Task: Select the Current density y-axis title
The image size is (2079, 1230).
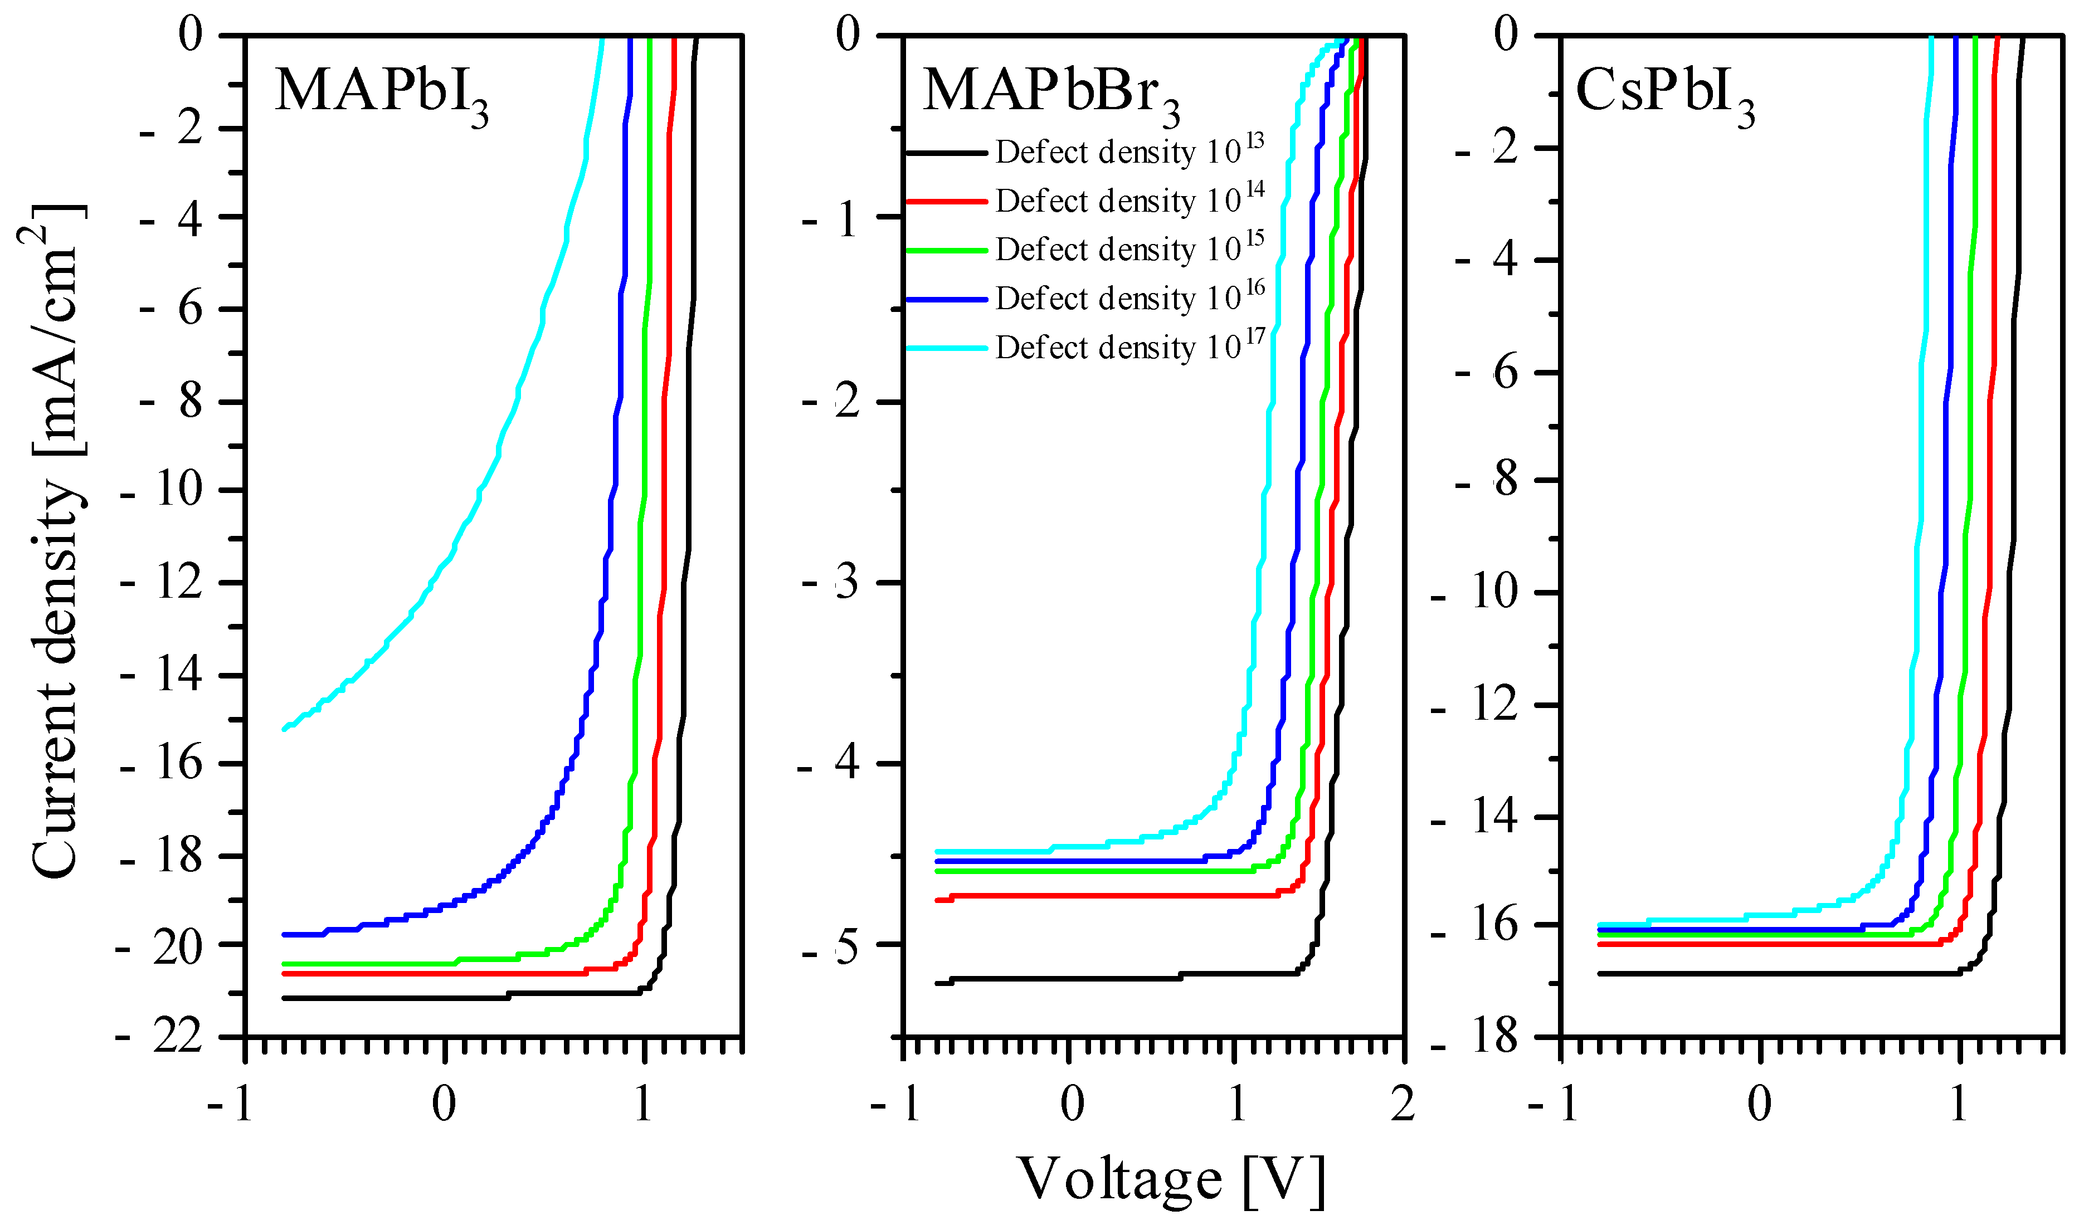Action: [56, 539]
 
